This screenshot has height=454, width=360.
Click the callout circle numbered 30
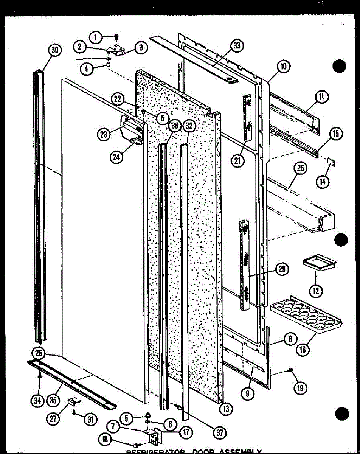(x=55, y=51)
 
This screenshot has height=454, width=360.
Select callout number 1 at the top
(x=96, y=37)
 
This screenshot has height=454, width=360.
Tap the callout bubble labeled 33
(x=236, y=47)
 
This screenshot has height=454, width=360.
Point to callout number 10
(x=283, y=67)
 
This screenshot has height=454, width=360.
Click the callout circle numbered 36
(x=174, y=127)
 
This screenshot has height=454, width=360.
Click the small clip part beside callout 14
(x=332, y=162)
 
